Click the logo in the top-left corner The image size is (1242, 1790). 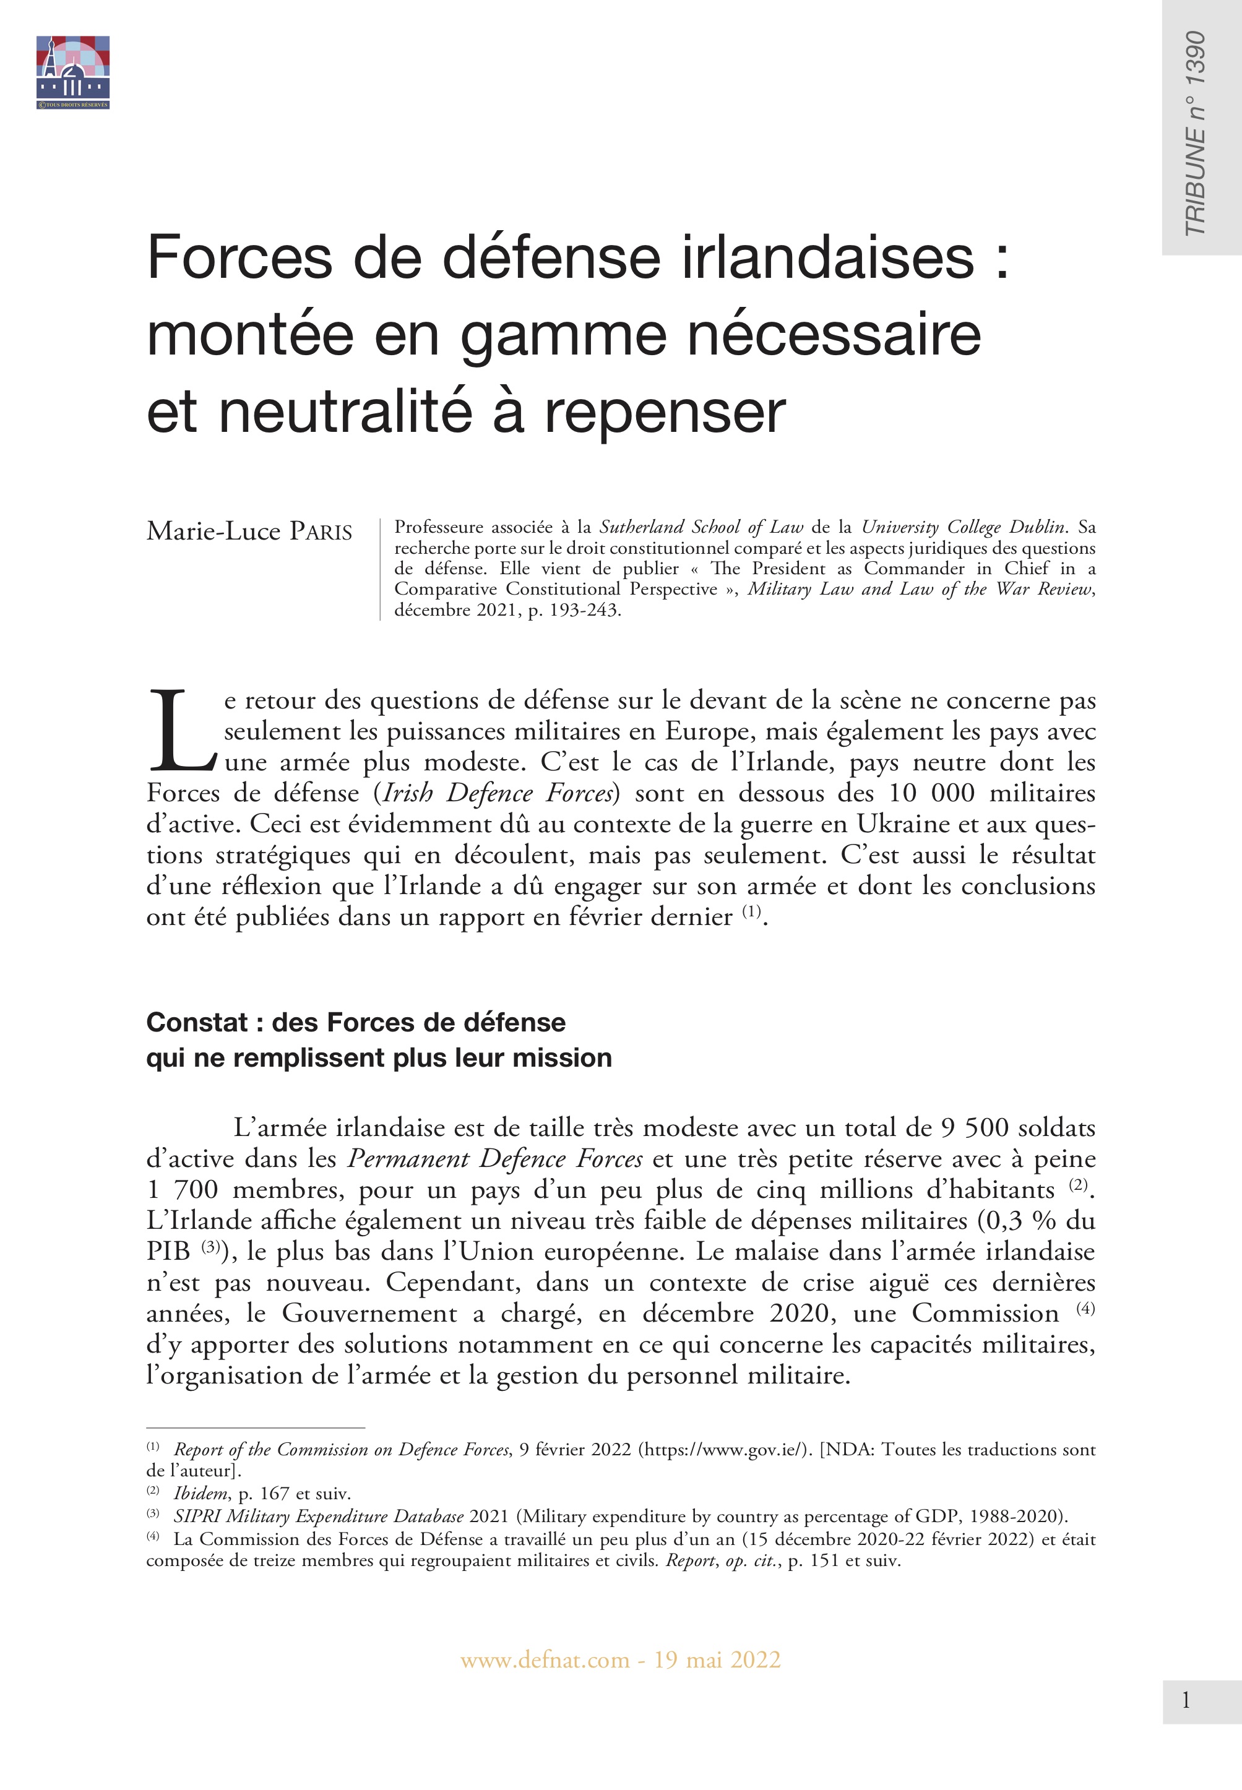pos(72,72)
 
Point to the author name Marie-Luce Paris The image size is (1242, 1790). pos(249,531)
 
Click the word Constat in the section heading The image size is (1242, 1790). pos(197,1022)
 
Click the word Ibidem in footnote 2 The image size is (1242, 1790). pos(201,1494)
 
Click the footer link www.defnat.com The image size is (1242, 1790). pos(544,1660)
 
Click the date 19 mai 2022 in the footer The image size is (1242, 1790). pos(717,1660)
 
